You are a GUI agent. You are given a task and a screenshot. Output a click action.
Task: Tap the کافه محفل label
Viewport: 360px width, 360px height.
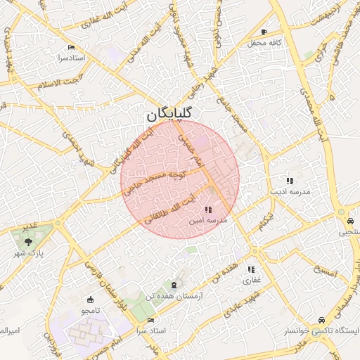pos(264,43)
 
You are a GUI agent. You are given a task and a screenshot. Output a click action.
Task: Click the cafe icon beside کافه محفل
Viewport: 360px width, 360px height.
pos(264,32)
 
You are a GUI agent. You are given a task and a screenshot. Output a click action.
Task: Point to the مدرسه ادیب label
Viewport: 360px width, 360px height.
pos(289,191)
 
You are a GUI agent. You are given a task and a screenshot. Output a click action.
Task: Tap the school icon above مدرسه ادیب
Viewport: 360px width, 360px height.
pos(290,181)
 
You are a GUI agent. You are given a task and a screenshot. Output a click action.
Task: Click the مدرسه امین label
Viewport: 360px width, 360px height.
pos(208,220)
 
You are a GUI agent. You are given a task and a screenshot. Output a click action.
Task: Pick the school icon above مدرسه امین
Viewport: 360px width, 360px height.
pos(208,210)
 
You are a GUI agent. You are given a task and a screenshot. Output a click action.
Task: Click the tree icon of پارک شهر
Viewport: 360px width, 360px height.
pos(28,241)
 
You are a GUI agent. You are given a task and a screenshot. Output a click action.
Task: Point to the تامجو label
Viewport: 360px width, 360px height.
pos(90,310)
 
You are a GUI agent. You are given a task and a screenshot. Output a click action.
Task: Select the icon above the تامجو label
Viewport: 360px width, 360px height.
pos(90,300)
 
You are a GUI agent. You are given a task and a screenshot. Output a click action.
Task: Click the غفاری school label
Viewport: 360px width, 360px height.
pos(251,280)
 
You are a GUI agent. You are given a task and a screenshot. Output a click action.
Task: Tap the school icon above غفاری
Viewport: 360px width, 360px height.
pos(251,269)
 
